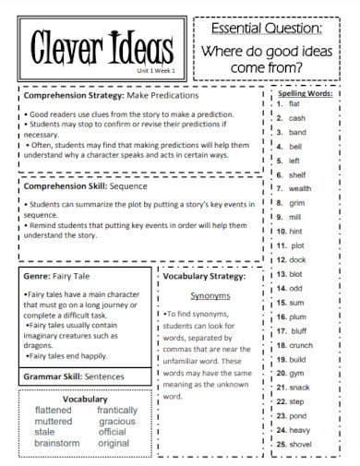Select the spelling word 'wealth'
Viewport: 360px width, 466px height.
tap(299, 188)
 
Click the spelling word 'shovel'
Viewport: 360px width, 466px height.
tap(301, 444)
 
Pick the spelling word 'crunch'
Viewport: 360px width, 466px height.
tap(301, 344)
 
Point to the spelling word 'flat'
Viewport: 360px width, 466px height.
tap(294, 103)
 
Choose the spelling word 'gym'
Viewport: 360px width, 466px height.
tap(296, 373)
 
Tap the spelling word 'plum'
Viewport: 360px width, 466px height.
tap(297, 317)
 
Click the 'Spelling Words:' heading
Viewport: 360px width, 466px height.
tap(306, 93)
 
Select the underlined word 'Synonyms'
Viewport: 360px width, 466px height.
tap(210, 296)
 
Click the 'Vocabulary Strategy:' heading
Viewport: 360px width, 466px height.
tap(204, 275)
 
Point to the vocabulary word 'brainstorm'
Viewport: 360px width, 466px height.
tap(56, 443)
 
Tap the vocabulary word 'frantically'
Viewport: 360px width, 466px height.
tap(117, 410)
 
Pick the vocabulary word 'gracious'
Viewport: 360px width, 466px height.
tap(117, 421)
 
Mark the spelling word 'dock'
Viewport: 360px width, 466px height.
tap(296, 259)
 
